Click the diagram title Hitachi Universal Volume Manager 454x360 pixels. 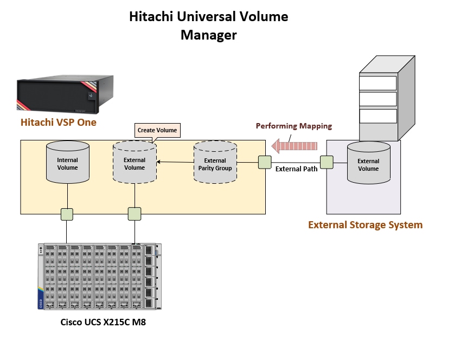(209, 25)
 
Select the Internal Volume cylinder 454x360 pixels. (67, 163)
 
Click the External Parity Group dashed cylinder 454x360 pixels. (215, 164)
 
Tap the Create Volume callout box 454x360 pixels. (157, 130)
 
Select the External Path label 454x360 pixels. (296, 169)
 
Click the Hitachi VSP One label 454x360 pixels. (58, 122)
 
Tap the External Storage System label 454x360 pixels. (365, 224)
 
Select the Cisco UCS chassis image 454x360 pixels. (99, 275)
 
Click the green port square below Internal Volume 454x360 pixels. (67, 214)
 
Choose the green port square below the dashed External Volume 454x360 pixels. (135, 214)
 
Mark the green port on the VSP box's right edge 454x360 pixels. (265, 162)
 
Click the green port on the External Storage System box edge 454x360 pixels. (327, 162)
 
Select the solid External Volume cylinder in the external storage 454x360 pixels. (368, 164)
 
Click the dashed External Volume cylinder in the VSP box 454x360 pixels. (135, 163)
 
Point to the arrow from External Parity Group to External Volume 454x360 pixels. (175, 162)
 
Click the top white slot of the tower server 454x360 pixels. (378, 83)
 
